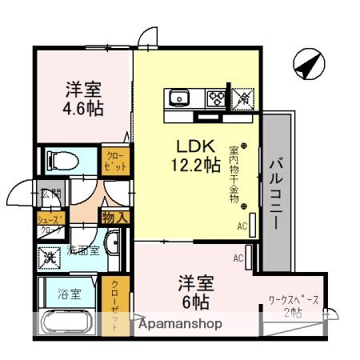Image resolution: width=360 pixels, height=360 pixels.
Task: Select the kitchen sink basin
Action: [x=178, y=98]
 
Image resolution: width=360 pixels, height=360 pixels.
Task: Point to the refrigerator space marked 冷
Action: [x=242, y=98]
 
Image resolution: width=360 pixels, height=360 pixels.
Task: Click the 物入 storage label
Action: [x=114, y=216]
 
